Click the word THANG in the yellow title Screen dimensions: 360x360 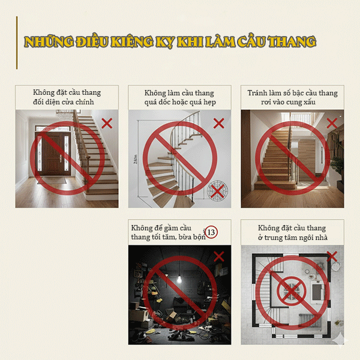pos(292,41)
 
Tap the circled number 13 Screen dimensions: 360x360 pos(211,232)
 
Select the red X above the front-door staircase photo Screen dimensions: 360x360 pos(107,123)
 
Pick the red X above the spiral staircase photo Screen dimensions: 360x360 pos(218,123)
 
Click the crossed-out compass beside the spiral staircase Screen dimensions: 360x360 pos(217,191)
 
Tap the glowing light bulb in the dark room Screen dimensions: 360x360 pos(179,280)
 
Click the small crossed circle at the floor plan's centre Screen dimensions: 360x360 pos(292,291)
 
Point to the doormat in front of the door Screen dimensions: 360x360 pos(52,180)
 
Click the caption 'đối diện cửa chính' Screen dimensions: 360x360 pos(64,102)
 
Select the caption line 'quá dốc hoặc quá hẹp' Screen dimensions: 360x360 pos(180,102)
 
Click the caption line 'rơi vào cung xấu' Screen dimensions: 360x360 pos(288,102)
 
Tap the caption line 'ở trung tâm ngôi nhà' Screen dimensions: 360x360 pos(293,238)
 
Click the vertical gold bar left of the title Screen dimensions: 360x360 pos(17,43)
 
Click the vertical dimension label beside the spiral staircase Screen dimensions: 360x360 pos(136,159)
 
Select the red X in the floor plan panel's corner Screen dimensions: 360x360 pos(332,256)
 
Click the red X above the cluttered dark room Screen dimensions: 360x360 pos(219,256)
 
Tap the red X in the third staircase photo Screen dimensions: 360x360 pos(332,123)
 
